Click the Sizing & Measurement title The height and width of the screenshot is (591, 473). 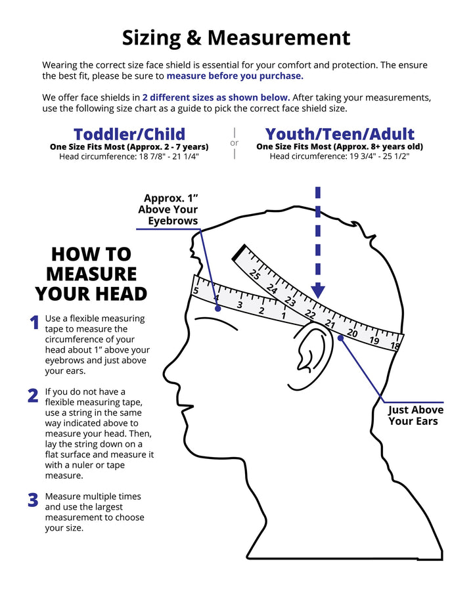[236, 37]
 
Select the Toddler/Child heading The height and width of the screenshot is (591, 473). [129, 135]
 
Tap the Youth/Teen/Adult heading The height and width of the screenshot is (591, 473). [340, 135]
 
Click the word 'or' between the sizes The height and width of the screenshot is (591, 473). [235, 143]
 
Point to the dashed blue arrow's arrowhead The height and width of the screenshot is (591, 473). [318, 290]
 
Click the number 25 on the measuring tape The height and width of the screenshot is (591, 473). [255, 275]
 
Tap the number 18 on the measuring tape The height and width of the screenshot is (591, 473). [394, 345]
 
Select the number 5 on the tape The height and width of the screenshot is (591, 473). [196, 290]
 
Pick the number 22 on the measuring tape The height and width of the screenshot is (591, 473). [310, 315]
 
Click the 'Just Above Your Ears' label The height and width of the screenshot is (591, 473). [415, 415]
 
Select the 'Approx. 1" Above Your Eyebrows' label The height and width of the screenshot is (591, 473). [169, 209]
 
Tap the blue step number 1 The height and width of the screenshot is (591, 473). [34, 322]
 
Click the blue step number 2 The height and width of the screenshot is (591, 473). [33, 395]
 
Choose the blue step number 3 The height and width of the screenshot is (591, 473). [33, 500]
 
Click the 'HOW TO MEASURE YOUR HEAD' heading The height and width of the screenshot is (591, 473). [91, 273]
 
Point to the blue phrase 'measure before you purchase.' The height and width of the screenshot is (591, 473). [235, 76]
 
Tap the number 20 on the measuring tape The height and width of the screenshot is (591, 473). [352, 333]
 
